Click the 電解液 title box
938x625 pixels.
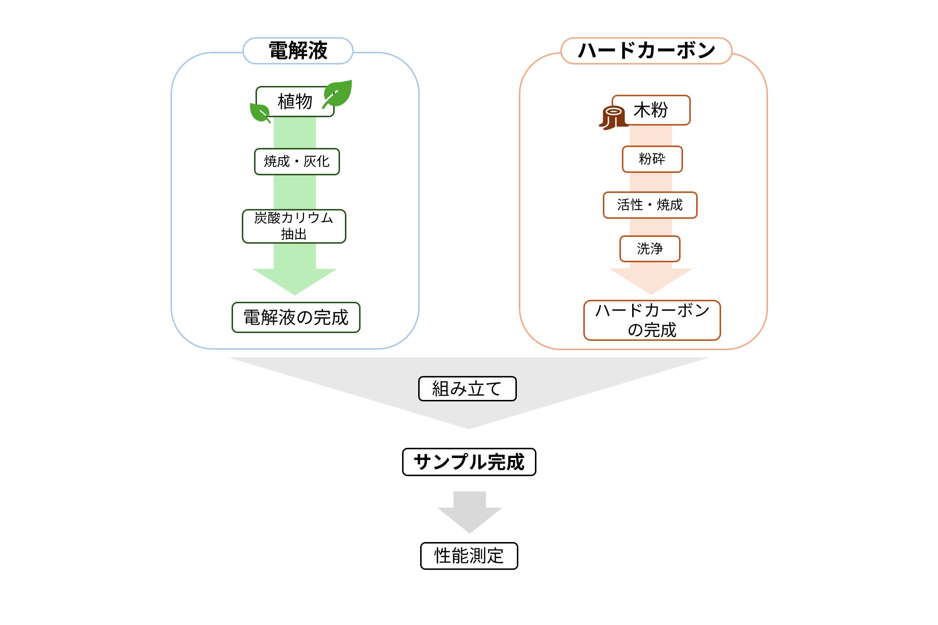[298, 51]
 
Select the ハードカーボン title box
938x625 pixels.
[646, 51]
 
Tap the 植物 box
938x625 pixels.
[295, 102]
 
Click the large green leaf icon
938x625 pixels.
[337, 94]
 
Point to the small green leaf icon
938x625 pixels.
[259, 112]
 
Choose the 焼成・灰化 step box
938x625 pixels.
[297, 162]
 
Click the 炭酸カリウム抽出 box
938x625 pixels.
[294, 226]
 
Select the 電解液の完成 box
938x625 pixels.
[296, 317]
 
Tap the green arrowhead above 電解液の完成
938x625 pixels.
[295, 281]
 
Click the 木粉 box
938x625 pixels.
[651, 110]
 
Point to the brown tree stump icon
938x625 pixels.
[614, 118]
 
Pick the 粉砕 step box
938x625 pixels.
[652, 159]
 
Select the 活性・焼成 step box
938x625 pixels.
[650, 205]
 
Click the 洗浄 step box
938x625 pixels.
[650, 249]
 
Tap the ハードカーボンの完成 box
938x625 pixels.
[652, 320]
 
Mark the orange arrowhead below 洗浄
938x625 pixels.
[651, 281]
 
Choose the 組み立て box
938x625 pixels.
[468, 389]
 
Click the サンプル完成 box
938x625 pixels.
[469, 462]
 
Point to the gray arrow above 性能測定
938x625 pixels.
[469, 512]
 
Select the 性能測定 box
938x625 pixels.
[469, 556]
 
